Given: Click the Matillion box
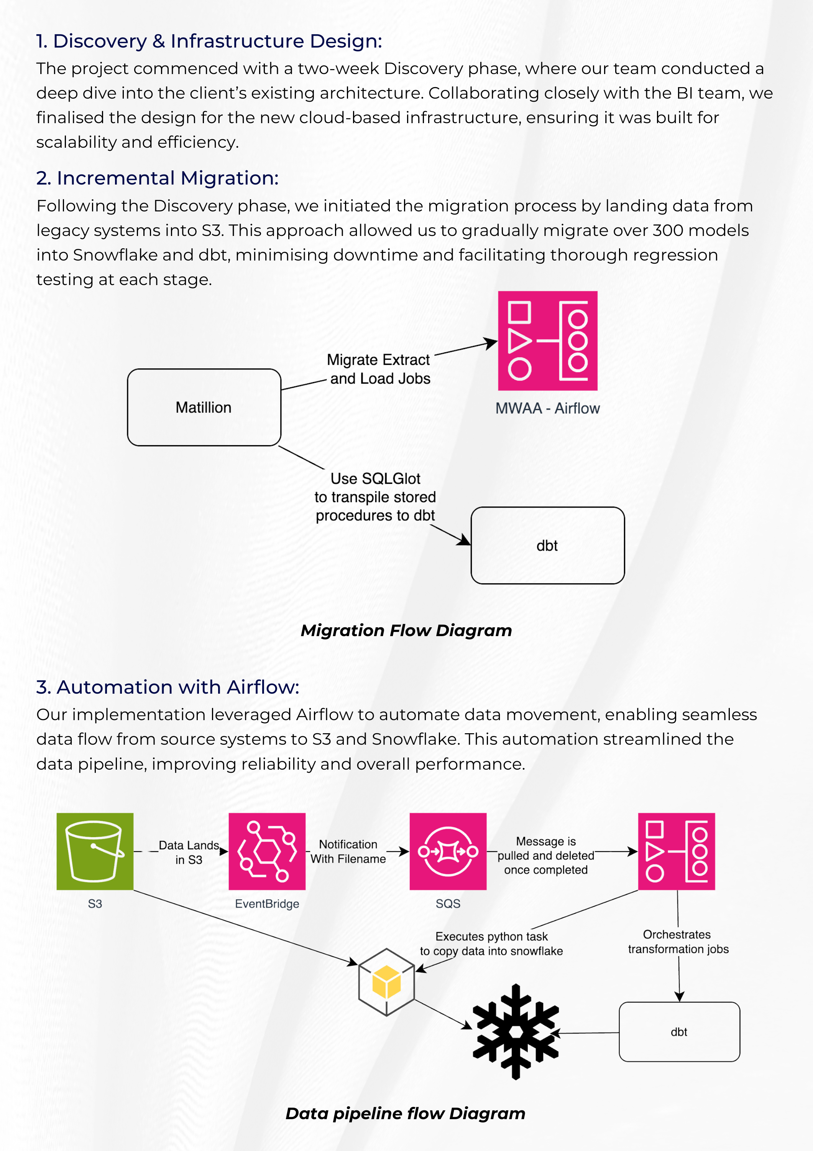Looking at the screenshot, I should pos(204,407).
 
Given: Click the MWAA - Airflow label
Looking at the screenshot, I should pos(547,408).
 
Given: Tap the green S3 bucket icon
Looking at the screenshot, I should pos(95,851).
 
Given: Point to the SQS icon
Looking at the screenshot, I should pos(448,851).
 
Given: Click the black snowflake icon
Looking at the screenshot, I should pos(516,1031).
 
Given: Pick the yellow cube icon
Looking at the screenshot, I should pos(386,981).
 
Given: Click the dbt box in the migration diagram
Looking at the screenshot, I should pos(547,546).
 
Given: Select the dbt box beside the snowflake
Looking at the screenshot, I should pos(679,1032).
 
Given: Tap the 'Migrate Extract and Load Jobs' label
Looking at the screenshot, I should pos(379,369).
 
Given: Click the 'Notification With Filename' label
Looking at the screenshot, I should pos(348,851).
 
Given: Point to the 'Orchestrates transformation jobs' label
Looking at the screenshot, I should pos(678,942).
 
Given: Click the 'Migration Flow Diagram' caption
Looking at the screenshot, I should pos(406,630).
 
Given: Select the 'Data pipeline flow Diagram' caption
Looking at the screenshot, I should pos(405,1113).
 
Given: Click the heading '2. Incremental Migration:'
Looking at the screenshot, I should pos(157,178).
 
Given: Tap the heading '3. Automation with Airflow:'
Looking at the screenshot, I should pos(168,687).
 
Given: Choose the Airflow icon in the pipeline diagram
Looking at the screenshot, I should pos(676,851).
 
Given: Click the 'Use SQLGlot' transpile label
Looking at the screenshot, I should pos(375,497).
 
